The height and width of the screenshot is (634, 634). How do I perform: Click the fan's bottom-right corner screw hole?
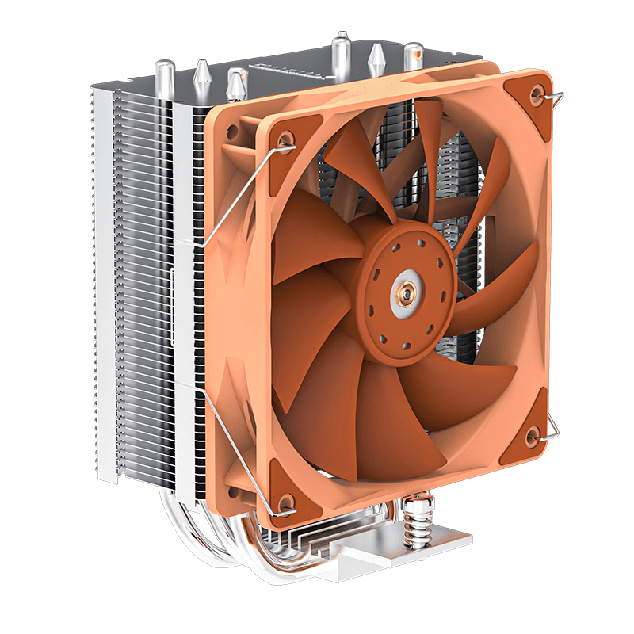(x=533, y=433)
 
